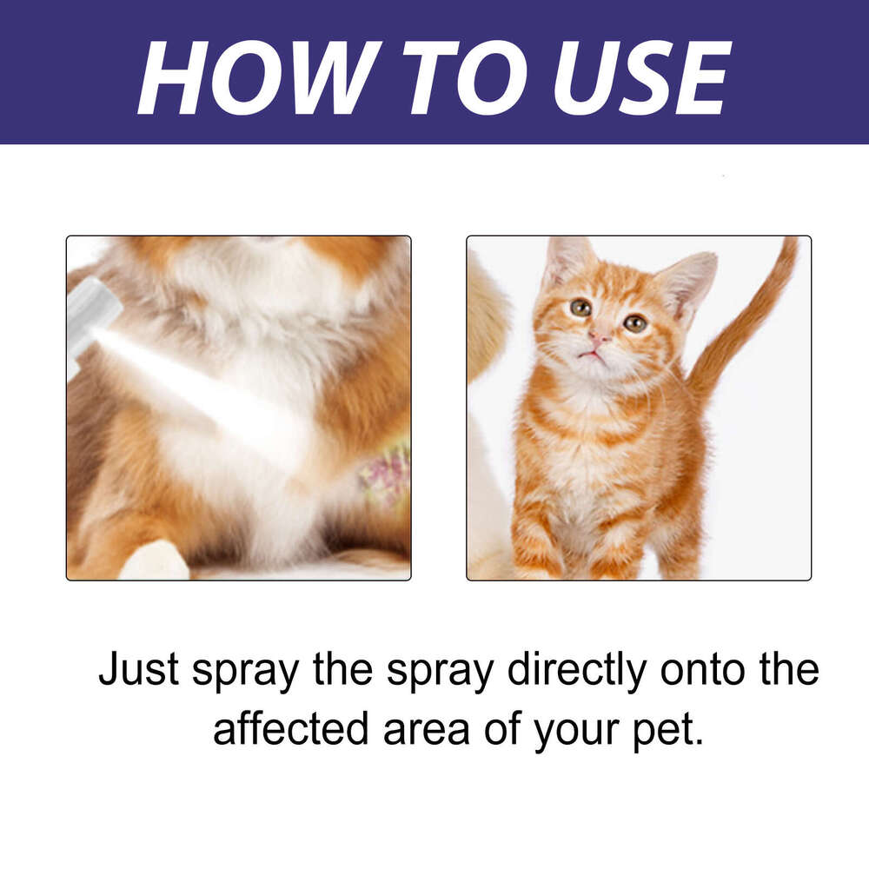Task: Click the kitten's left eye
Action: pos(580,307)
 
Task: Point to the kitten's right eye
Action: pos(635,323)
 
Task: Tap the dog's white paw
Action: pos(155,561)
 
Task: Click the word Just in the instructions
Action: pos(139,671)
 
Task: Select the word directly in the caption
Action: pos(578,671)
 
